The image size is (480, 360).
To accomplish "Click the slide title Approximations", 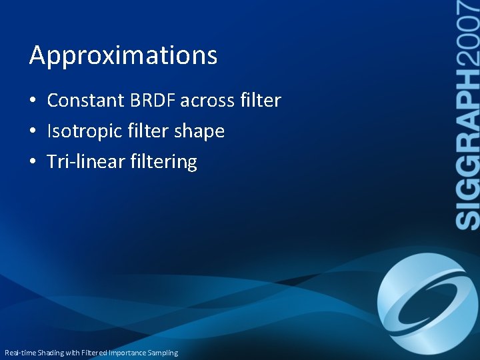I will [x=123, y=56].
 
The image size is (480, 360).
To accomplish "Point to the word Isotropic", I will [x=83, y=132].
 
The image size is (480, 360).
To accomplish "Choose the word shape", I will [x=199, y=132].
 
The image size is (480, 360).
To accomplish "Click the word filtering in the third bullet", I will [x=165, y=162].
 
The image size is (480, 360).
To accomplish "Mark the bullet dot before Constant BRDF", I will [x=33, y=101].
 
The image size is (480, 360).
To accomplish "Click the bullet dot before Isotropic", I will [x=33, y=132].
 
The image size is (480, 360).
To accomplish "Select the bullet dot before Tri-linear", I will [x=33, y=162].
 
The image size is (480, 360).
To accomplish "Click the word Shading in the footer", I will [x=51, y=353].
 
